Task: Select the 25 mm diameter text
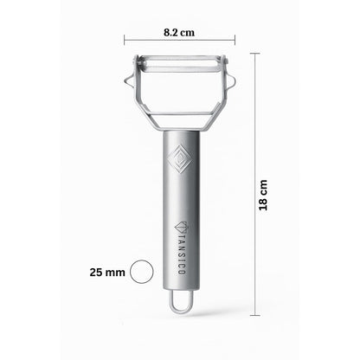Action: (x=109, y=272)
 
